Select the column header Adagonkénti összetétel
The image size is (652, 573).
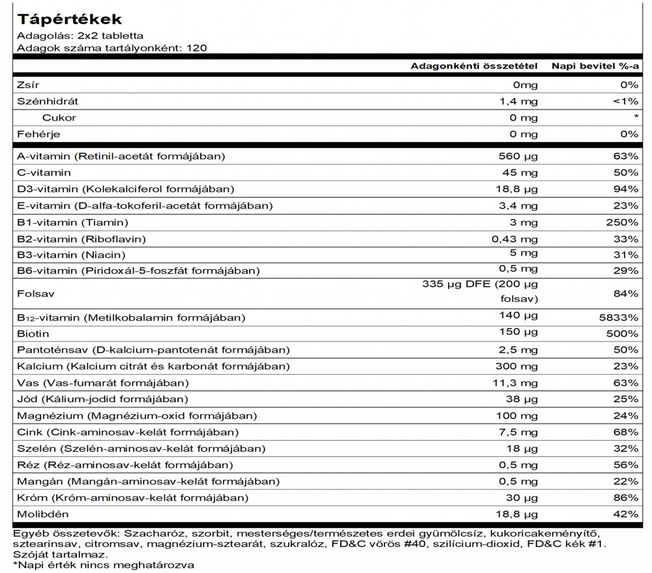pyautogui.click(x=474, y=66)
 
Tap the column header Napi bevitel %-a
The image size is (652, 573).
pyautogui.click(x=595, y=66)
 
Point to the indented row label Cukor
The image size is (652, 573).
pyautogui.click(x=59, y=117)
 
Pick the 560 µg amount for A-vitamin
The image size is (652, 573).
pyautogui.click(x=518, y=156)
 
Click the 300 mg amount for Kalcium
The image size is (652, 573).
pyautogui.click(x=518, y=366)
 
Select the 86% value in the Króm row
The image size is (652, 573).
pyautogui.click(x=625, y=497)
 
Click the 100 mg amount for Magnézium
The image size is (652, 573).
pyautogui.click(x=518, y=415)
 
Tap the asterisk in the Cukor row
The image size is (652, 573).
pyautogui.click(x=635, y=118)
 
